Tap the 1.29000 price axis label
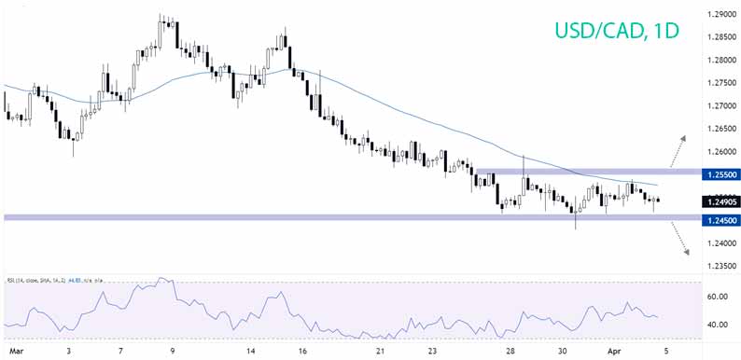point(718,15)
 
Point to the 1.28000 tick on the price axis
point(718,61)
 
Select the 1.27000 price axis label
point(718,106)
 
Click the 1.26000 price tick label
point(718,151)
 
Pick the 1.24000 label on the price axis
point(718,243)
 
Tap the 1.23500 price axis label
point(718,267)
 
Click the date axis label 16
point(302,353)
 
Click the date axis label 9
point(175,353)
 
